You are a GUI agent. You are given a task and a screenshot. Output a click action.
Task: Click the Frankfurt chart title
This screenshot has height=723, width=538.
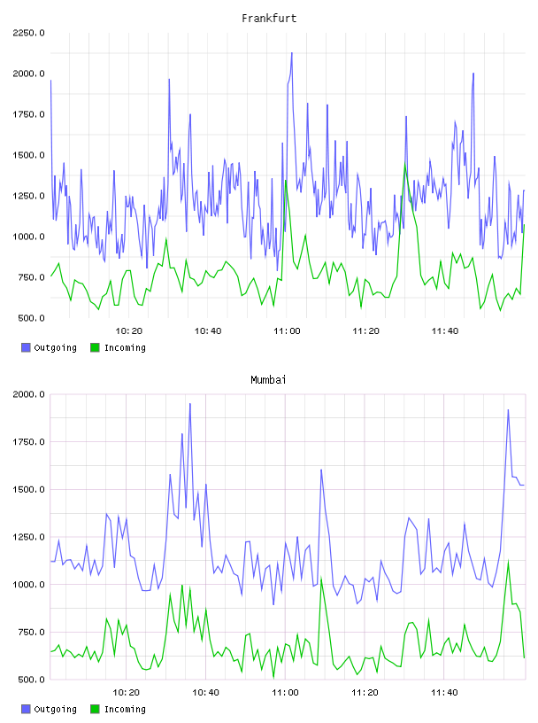click(x=269, y=19)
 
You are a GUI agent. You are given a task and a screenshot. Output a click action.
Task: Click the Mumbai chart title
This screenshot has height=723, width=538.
click(x=268, y=380)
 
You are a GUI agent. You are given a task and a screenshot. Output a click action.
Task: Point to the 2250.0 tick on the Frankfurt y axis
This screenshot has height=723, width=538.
click(x=28, y=33)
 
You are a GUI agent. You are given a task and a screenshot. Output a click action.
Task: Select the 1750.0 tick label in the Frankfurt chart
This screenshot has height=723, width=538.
click(x=28, y=114)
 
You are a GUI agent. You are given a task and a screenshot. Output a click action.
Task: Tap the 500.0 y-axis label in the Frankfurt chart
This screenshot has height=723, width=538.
click(x=31, y=318)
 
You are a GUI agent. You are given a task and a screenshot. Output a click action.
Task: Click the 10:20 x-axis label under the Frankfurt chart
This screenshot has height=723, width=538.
click(x=128, y=331)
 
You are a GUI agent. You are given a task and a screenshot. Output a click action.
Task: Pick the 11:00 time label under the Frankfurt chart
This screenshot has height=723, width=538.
click(x=287, y=331)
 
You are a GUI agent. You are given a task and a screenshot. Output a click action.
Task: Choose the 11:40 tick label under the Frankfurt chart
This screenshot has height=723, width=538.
click(x=445, y=331)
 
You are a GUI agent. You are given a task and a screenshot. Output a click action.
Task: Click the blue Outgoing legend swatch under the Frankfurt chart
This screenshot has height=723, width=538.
click(x=26, y=347)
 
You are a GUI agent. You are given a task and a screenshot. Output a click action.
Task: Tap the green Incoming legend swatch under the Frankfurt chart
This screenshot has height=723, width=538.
click(x=95, y=347)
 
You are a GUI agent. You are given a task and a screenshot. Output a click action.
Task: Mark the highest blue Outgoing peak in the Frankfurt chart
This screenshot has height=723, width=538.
click(x=292, y=53)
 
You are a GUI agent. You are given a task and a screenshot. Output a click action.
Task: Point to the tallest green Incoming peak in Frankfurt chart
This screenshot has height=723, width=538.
click(x=405, y=163)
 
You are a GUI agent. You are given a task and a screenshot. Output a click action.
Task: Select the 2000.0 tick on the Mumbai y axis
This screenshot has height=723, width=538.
click(x=28, y=394)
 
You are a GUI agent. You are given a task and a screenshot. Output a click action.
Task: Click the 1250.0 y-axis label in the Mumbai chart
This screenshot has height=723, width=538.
click(x=28, y=537)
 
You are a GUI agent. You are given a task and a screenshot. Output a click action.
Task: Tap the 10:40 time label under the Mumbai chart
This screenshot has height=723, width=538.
click(x=205, y=693)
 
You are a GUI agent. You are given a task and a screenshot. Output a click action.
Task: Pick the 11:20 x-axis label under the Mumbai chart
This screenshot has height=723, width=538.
click(x=365, y=693)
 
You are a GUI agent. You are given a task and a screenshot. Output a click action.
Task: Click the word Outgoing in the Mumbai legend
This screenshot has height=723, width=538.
click(x=55, y=709)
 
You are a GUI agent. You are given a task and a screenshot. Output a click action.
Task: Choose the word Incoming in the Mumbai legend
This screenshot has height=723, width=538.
click(x=125, y=709)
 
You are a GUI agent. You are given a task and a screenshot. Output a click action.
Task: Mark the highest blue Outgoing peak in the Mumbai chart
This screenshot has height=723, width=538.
click(x=189, y=404)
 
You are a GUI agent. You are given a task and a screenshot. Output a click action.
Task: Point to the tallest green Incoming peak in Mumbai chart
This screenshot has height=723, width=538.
click(x=508, y=561)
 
